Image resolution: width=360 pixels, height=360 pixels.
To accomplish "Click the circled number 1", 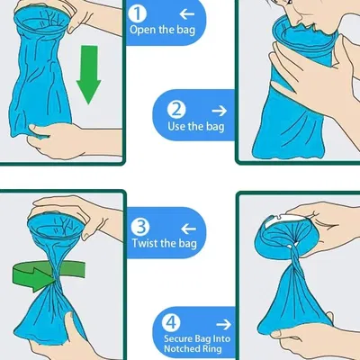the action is (137, 13).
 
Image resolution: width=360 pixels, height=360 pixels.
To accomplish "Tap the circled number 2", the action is (176, 110).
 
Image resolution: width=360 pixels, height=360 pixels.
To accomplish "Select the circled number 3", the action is (140, 227).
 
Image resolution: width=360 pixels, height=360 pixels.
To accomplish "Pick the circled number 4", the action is (171, 323).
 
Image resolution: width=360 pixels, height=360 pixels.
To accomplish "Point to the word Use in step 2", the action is (176, 126).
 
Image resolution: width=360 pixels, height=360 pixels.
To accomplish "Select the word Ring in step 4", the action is (212, 349).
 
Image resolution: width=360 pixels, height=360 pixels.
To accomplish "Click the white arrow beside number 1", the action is (187, 13).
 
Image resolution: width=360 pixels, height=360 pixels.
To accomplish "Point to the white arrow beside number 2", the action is (220, 111).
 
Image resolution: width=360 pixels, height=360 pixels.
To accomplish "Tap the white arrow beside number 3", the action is (188, 229).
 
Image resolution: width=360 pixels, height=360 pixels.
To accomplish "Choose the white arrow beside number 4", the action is (223, 324).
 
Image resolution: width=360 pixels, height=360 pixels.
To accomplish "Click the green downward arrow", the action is (89, 75).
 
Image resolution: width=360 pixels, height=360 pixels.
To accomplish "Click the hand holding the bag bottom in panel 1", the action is (57, 139).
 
